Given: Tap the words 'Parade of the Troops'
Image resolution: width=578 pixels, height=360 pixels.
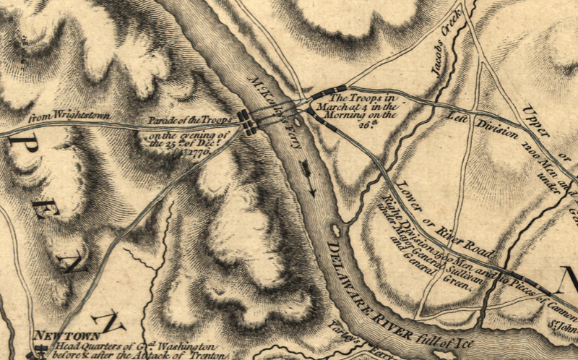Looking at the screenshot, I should coord(189,117).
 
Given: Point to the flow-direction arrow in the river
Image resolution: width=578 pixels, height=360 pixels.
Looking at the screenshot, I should coord(309,178).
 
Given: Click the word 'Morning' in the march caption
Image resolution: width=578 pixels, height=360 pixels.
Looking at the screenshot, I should coord(344,114).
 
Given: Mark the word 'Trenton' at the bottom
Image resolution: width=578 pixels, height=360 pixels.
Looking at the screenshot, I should coord(194,356).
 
